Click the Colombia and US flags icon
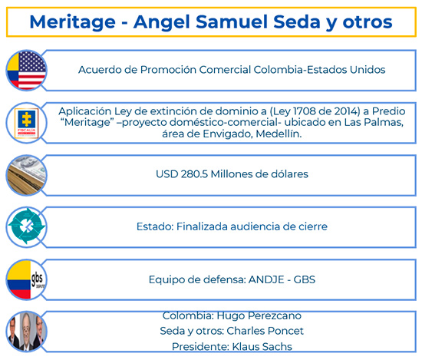tap(26, 70)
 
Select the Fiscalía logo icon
tap(26, 123)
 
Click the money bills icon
tap(26, 175)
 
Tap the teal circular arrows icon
tap(26, 227)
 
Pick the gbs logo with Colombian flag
tap(26, 279)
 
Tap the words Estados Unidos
tap(347, 69)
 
